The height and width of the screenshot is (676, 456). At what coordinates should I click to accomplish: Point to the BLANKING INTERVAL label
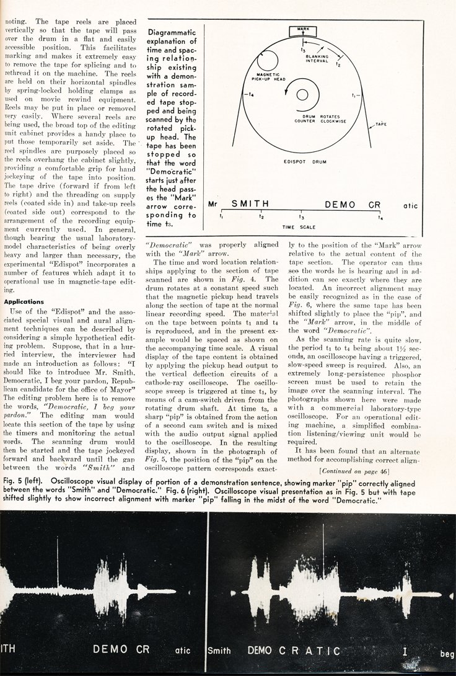[317, 60]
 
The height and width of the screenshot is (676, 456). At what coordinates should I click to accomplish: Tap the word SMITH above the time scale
[253, 203]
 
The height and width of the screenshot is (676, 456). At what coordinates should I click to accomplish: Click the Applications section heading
[23, 302]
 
